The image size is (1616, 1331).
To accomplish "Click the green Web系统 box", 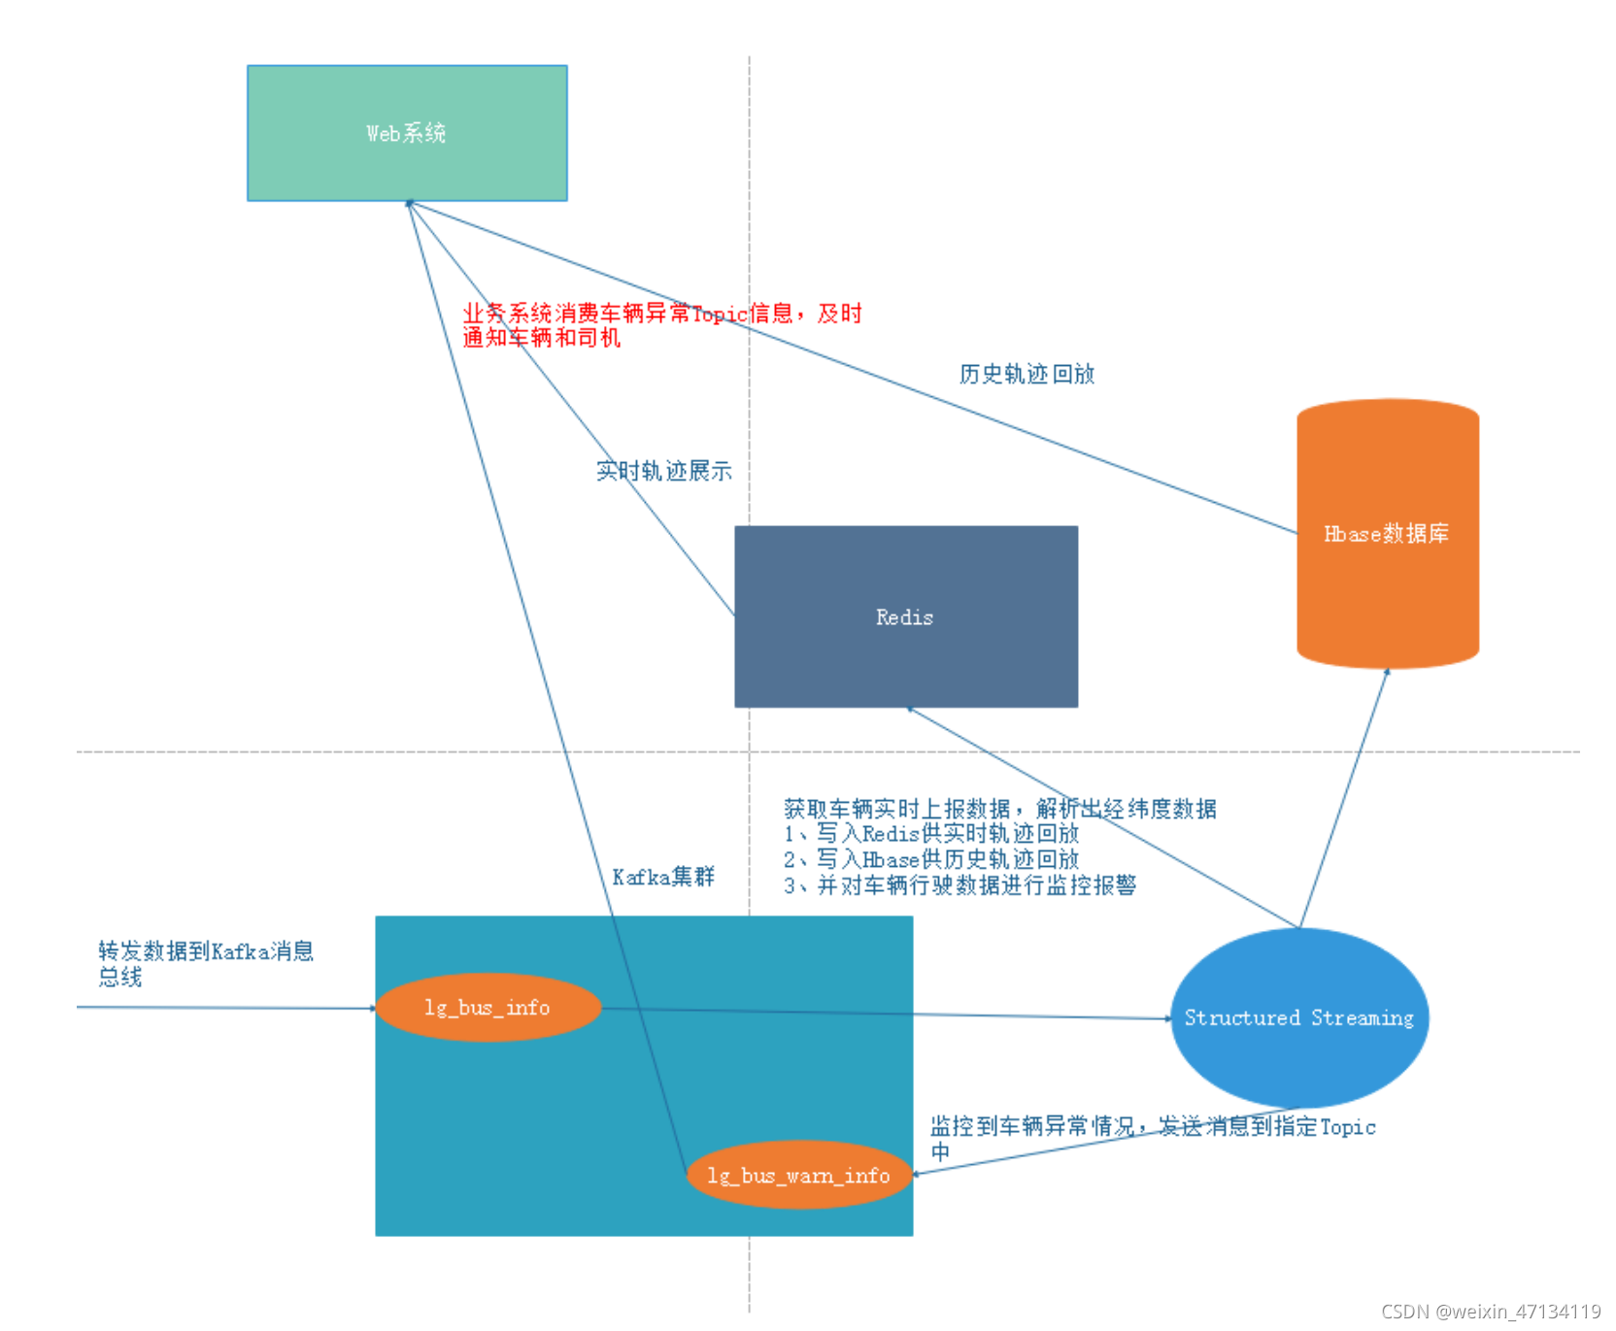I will pos(407,133).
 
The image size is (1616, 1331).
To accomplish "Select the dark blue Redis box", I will pos(905,616).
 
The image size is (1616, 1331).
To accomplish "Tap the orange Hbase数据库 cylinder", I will pos(1387,533).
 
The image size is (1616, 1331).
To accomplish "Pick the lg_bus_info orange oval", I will pos(488,1008).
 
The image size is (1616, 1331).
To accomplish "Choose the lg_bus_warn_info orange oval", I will pos(798,1176).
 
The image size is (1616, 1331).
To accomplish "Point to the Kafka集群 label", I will pos(663,877).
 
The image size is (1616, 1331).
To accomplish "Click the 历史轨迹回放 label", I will pos(1027,374).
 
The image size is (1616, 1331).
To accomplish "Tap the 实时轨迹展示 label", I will pos(663,471).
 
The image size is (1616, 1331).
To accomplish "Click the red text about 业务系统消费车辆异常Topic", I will pos(660,324).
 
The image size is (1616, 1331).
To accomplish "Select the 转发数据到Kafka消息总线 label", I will pos(205,963).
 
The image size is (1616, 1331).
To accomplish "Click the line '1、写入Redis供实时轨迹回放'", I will pos(930,833).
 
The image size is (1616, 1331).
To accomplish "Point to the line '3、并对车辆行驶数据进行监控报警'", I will pos(959,884).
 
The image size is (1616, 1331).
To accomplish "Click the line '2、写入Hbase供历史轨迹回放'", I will pos(930,859).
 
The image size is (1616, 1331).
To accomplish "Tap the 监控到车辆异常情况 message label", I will pos(1152,1137).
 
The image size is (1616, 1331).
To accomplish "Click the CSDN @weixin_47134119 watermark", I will pos(1491,1311).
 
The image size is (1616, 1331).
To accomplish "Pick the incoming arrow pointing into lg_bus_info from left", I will pos(223,1008).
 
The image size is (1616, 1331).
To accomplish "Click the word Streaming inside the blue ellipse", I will pos(1362,1017).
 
